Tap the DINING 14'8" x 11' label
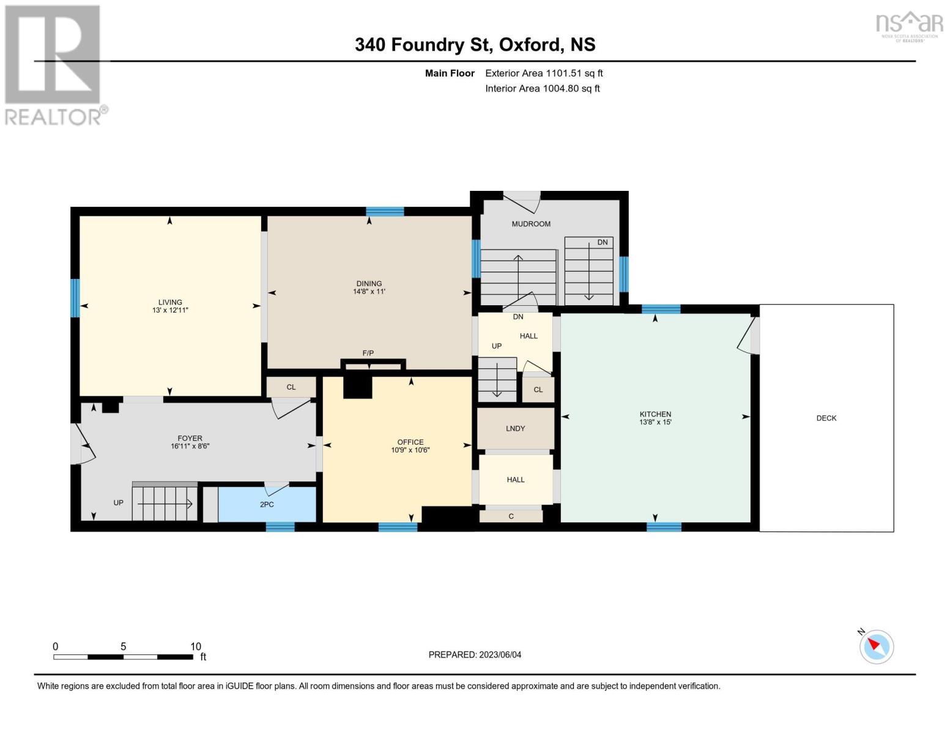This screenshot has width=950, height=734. pyautogui.click(x=369, y=287)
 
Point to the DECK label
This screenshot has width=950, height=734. pyautogui.click(x=826, y=418)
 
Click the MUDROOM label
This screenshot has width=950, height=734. pyautogui.click(x=531, y=224)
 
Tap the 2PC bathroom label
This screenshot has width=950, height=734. pyautogui.click(x=267, y=505)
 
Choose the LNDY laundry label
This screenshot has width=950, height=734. pyautogui.click(x=516, y=429)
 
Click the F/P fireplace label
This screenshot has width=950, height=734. pyautogui.click(x=368, y=353)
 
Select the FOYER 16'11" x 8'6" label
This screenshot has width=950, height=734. pyautogui.click(x=190, y=442)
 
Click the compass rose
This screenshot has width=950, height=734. pyautogui.click(x=876, y=647)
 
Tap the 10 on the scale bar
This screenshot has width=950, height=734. pyautogui.click(x=195, y=647)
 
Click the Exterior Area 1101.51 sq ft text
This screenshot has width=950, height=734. pyautogui.click(x=544, y=73)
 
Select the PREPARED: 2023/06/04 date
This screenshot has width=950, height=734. pyautogui.click(x=475, y=654)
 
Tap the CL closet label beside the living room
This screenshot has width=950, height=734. pyautogui.click(x=291, y=387)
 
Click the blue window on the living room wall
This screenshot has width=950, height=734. pyautogui.click(x=75, y=298)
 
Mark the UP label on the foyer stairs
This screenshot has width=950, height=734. pyautogui.click(x=118, y=503)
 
